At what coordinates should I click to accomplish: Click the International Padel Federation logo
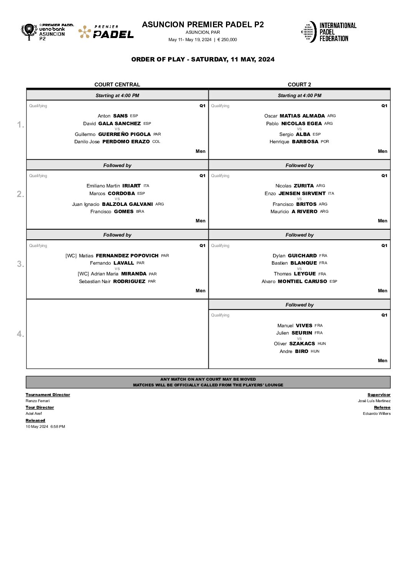click(329, 32)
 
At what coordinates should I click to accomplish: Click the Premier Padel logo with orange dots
click(106, 32)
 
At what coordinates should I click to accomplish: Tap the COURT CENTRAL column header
click(117, 85)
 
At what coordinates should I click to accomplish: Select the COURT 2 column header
click(299, 85)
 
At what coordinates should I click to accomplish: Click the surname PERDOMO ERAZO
click(126, 142)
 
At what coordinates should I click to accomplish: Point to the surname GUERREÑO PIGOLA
click(124, 134)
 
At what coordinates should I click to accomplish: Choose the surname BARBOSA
click(305, 142)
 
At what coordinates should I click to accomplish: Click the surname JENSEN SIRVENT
click(302, 194)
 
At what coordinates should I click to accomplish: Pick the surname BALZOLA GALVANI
click(127, 204)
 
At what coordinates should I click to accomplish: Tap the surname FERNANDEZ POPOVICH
click(127, 256)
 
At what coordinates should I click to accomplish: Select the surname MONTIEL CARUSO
click(302, 282)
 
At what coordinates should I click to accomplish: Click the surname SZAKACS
click(302, 344)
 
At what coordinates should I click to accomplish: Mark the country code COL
click(156, 142)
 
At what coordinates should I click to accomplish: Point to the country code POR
click(325, 142)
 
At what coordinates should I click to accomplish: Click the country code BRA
click(140, 212)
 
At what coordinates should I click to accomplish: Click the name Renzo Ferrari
click(38, 401)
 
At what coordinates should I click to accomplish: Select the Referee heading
click(382, 408)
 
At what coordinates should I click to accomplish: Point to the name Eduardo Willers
click(376, 414)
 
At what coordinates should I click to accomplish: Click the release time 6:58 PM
click(58, 427)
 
